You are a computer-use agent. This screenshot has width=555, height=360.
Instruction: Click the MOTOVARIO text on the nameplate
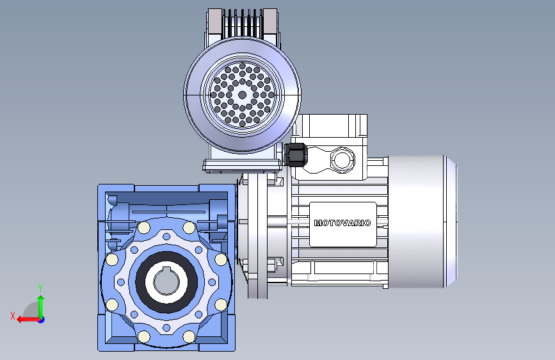point(342,223)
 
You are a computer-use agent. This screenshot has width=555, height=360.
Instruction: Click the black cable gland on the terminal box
point(296,154)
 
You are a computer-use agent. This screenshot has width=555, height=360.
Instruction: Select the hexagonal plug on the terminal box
point(342,160)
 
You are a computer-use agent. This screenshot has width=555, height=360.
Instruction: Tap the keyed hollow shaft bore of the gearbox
point(166,282)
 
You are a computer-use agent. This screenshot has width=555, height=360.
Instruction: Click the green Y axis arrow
point(41,306)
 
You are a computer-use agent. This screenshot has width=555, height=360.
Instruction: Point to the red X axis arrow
point(28,320)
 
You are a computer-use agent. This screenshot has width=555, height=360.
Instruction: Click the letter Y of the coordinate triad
point(40,288)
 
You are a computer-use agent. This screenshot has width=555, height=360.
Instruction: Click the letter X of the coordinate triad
point(13,316)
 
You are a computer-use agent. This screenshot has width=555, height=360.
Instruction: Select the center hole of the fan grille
point(243,95)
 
